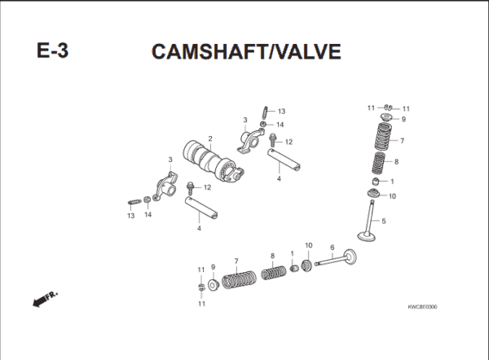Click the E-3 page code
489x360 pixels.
[x=53, y=50]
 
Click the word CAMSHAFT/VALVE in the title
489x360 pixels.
[x=245, y=50]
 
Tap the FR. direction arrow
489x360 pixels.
[x=43, y=300]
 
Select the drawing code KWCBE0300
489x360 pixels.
[x=422, y=307]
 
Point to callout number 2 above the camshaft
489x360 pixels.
[x=210, y=138]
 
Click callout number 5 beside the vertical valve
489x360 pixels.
[x=384, y=221]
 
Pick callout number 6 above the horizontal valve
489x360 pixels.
[x=332, y=248]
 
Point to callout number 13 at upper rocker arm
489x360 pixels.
[x=281, y=111]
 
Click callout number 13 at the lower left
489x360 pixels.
[x=130, y=216]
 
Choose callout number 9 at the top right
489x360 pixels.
[x=403, y=120]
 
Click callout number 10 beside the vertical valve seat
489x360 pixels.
[x=392, y=195]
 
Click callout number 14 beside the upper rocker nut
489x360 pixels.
[x=280, y=125]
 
